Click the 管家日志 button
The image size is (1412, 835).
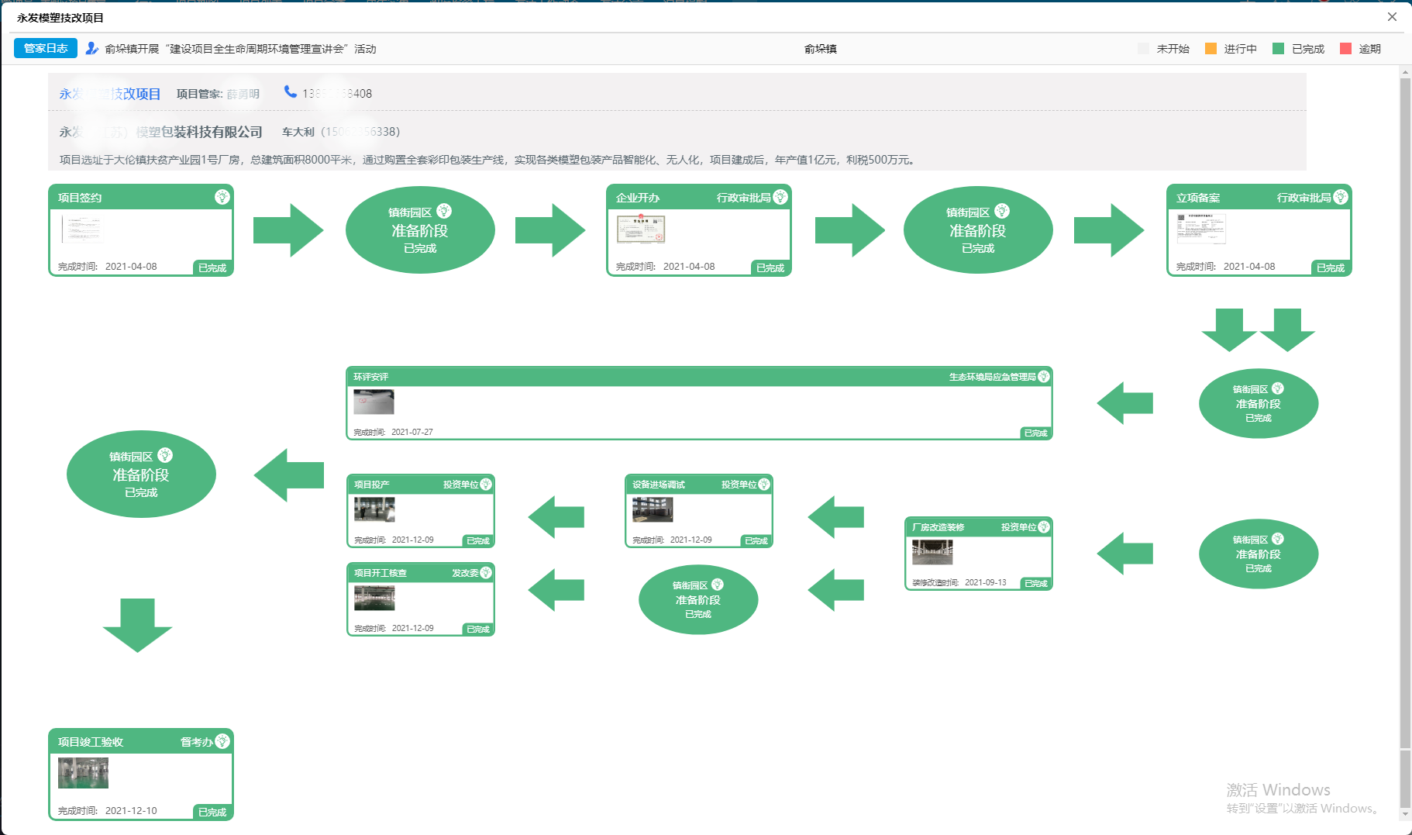point(46,48)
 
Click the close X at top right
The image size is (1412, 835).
point(1392,17)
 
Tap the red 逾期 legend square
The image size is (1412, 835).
point(1345,49)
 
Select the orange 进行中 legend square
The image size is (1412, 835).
point(1211,49)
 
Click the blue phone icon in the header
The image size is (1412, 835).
point(290,91)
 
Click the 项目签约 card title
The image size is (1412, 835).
point(80,198)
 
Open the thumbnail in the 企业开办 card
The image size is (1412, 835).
point(640,229)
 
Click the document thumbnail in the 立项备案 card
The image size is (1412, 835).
point(1200,229)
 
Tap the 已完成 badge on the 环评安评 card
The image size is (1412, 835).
point(1035,433)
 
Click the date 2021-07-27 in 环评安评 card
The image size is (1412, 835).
point(412,432)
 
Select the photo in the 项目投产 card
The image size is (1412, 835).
point(374,509)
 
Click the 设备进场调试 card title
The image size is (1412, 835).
point(659,485)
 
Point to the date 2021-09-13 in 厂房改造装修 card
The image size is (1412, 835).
point(986,582)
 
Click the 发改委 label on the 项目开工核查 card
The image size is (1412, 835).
point(465,573)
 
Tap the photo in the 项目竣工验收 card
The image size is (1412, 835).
point(83,773)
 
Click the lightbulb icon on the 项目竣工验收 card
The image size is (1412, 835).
point(222,741)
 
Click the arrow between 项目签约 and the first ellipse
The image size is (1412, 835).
point(288,230)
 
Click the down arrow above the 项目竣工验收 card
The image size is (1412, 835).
point(137,625)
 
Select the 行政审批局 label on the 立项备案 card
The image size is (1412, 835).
point(1304,198)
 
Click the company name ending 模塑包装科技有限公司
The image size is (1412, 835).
point(198,132)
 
